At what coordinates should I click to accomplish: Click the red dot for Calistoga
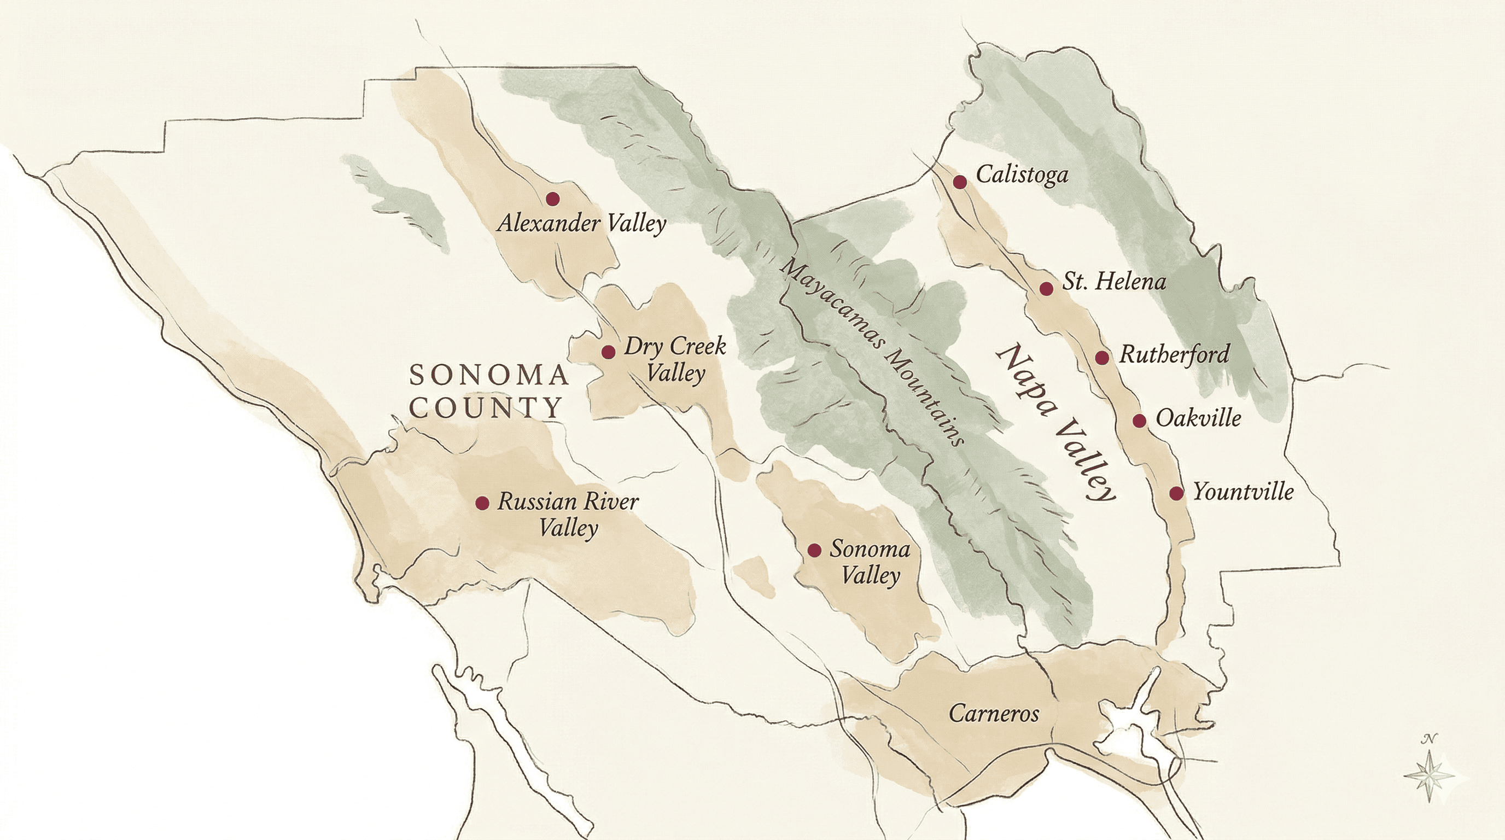959,182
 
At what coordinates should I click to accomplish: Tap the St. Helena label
1113,282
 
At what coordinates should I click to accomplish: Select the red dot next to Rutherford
1102,358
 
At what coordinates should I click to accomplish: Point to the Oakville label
1198,418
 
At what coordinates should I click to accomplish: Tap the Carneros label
994,713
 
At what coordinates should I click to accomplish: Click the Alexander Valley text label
581,224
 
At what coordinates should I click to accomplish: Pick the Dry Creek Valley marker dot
608,352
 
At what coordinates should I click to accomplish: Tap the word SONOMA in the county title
489,375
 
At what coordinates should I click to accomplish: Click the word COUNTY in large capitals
486,407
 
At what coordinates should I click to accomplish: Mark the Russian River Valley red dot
482,503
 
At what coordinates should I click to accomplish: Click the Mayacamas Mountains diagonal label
873,352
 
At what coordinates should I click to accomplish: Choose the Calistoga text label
1022,174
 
